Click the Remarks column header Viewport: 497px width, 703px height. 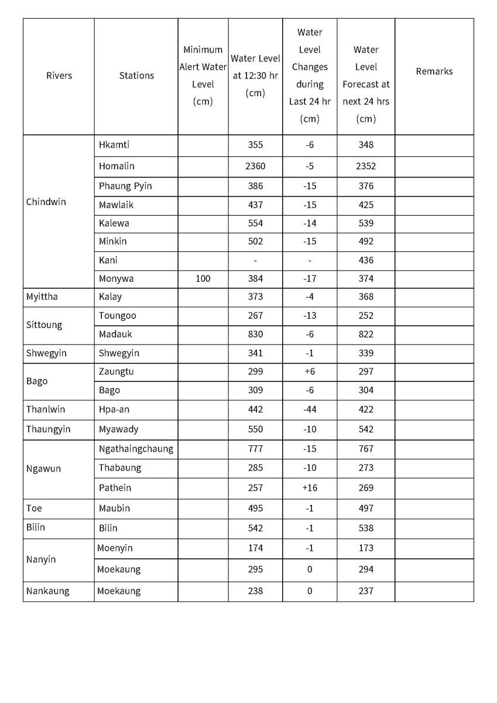point(434,71)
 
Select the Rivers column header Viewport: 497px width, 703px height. point(59,76)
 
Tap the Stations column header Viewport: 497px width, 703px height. point(136,76)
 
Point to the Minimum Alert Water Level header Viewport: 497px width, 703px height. point(203,76)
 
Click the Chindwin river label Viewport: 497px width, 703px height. point(46,202)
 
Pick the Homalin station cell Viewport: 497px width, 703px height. point(117,166)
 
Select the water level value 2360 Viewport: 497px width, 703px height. point(255,166)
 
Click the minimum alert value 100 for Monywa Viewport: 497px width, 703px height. point(203,279)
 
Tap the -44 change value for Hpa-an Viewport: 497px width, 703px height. point(309,409)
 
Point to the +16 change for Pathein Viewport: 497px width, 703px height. point(309,488)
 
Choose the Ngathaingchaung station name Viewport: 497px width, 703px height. point(136,449)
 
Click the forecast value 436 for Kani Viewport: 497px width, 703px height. point(366,260)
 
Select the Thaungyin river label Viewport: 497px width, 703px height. point(48,429)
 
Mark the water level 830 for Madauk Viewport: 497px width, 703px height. point(255,335)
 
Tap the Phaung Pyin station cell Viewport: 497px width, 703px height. point(125,186)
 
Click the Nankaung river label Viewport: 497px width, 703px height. point(47,591)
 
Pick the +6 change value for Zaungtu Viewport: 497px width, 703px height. point(309,371)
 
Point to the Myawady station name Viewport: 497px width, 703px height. point(119,429)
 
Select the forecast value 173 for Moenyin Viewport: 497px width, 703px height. point(366,548)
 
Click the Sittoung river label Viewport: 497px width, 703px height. point(44,325)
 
